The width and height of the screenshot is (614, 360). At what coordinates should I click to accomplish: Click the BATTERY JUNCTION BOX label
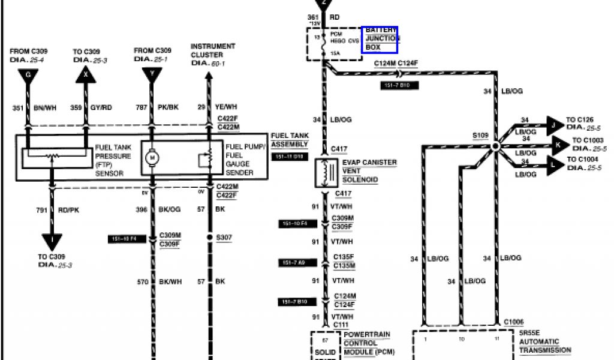tap(380, 38)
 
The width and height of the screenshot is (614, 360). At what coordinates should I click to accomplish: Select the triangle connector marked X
tap(85, 75)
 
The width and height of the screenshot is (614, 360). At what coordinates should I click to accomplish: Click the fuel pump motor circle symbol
tap(152, 158)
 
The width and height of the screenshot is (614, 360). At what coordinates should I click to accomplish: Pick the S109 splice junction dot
tap(496, 146)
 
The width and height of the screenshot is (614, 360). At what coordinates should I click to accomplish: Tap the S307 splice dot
tap(209, 238)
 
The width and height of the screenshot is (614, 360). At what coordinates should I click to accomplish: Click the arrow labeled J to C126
tap(553, 125)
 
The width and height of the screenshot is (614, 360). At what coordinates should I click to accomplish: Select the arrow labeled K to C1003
tap(558, 145)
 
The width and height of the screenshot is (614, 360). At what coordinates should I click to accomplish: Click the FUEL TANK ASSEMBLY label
tap(290, 140)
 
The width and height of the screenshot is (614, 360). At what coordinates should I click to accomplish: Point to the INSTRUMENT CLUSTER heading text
tap(213, 50)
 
